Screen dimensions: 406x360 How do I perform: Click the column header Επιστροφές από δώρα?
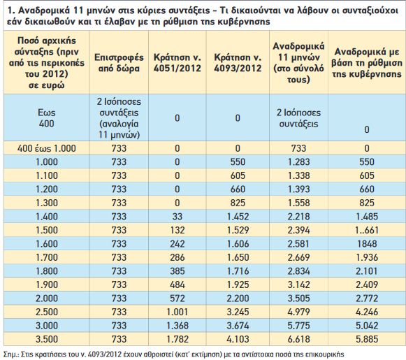119,63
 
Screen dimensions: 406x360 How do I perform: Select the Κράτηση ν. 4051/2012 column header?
177,63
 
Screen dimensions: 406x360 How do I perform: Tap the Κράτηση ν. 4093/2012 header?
238,63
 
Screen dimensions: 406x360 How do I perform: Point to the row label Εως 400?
47,118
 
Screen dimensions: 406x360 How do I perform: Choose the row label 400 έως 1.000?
47,148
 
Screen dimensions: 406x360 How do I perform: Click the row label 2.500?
47,312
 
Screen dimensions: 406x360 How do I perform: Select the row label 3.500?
47,339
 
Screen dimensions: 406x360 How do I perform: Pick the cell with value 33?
177,217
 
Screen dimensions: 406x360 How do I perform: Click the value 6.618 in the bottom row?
298,339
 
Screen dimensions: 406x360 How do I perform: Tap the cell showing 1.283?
298,162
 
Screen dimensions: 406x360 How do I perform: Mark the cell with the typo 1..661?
367,230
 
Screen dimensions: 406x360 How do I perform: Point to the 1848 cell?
367,244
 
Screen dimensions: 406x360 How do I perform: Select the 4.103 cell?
238,339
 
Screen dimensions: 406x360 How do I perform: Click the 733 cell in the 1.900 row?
119,285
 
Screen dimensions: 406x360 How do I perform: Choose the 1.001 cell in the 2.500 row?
177,312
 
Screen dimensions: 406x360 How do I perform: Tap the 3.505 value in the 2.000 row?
298,298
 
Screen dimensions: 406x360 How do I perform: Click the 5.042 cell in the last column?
367,326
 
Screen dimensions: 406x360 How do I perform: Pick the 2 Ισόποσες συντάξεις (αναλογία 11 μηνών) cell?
119,118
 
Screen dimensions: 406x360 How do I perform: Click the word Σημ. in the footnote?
11,354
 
